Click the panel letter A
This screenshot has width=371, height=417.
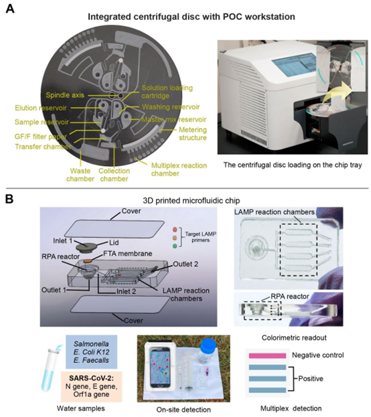(x=10, y=9)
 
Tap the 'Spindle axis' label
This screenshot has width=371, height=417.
(x=65, y=95)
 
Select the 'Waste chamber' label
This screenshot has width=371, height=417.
(x=80, y=175)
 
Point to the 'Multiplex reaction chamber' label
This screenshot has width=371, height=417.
(x=179, y=169)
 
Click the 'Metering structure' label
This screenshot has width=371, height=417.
(x=193, y=133)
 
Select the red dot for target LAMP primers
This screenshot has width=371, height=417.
(x=175, y=229)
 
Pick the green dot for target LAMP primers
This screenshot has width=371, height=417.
(x=175, y=246)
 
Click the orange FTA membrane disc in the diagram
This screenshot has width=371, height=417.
(x=88, y=261)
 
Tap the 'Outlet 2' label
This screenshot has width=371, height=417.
(x=185, y=264)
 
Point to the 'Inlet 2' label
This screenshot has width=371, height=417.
(x=126, y=291)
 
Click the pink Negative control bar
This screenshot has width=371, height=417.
(x=267, y=355)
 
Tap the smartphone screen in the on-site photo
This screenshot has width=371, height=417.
(x=161, y=367)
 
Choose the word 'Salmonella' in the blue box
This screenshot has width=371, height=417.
(x=91, y=343)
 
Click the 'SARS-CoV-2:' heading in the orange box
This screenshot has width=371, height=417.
(x=91, y=378)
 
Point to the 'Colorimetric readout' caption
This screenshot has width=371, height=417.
(x=294, y=338)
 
